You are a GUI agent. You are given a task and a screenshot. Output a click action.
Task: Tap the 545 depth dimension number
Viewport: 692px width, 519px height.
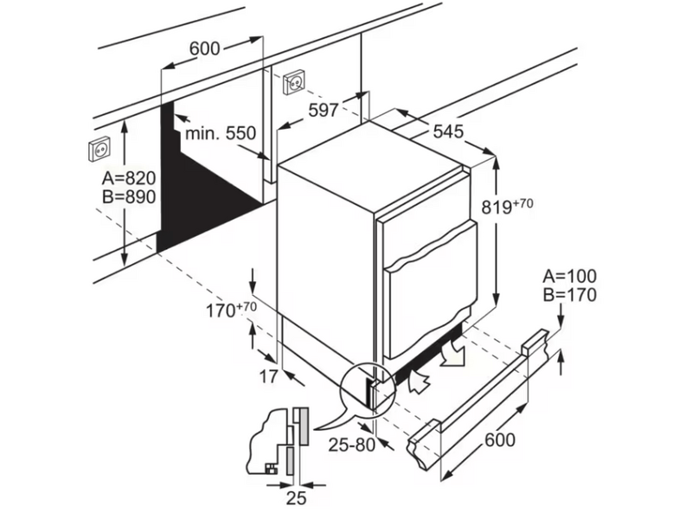[x=449, y=131]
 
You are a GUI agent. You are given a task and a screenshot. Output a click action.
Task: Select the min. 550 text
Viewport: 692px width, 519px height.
[x=221, y=133]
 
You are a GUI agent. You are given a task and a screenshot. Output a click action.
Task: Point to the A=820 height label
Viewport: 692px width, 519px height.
[x=128, y=178]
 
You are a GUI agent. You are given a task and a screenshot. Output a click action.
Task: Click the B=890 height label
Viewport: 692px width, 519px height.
[x=128, y=197]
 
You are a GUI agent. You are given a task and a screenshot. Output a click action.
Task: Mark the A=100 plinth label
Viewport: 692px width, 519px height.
[x=568, y=277]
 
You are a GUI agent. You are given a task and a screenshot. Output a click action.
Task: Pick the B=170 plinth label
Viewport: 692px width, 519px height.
[x=568, y=296]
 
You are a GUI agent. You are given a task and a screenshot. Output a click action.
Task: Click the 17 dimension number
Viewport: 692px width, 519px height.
[x=268, y=376]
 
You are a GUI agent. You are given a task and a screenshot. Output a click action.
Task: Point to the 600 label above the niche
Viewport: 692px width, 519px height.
[x=203, y=49]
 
